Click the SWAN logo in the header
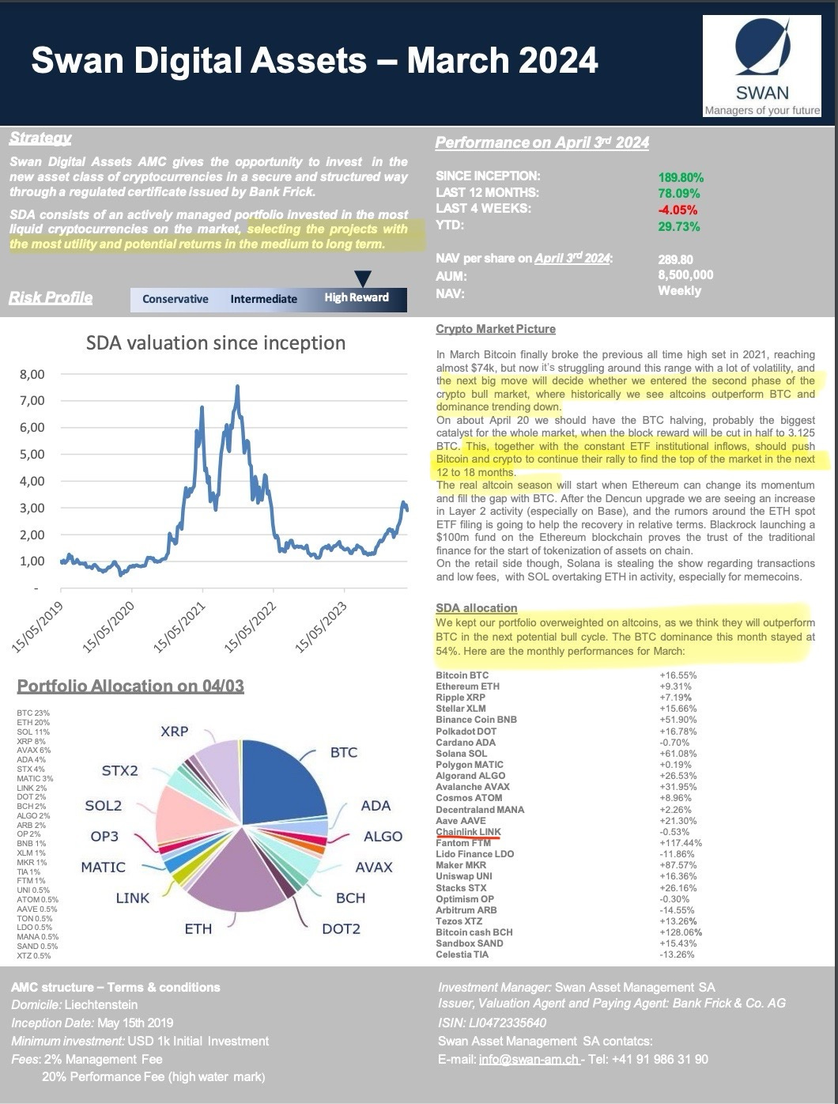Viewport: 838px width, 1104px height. pos(762,67)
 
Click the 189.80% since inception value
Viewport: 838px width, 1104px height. pos(680,177)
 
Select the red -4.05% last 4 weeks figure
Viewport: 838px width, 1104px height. pos(678,210)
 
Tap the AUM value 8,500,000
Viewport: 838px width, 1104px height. pos(685,275)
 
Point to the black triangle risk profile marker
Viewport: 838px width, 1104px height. pos(362,278)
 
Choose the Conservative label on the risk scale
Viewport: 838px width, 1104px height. pos(175,299)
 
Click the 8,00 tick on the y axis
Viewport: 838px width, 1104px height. pos(32,374)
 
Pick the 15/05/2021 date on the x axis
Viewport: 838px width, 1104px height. pos(179,627)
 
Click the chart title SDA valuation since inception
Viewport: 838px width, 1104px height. pos(215,342)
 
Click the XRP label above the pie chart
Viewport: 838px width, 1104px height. pos(174,731)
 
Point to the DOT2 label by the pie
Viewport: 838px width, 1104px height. pos(341,928)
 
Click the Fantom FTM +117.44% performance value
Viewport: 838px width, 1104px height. pos(680,843)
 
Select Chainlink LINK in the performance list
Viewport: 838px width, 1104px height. pos(468,832)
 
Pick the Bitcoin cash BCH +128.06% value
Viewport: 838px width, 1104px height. pos(680,932)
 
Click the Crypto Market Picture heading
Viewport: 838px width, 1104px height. pos(496,329)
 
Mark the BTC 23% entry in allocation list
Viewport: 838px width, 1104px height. pos(33,713)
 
